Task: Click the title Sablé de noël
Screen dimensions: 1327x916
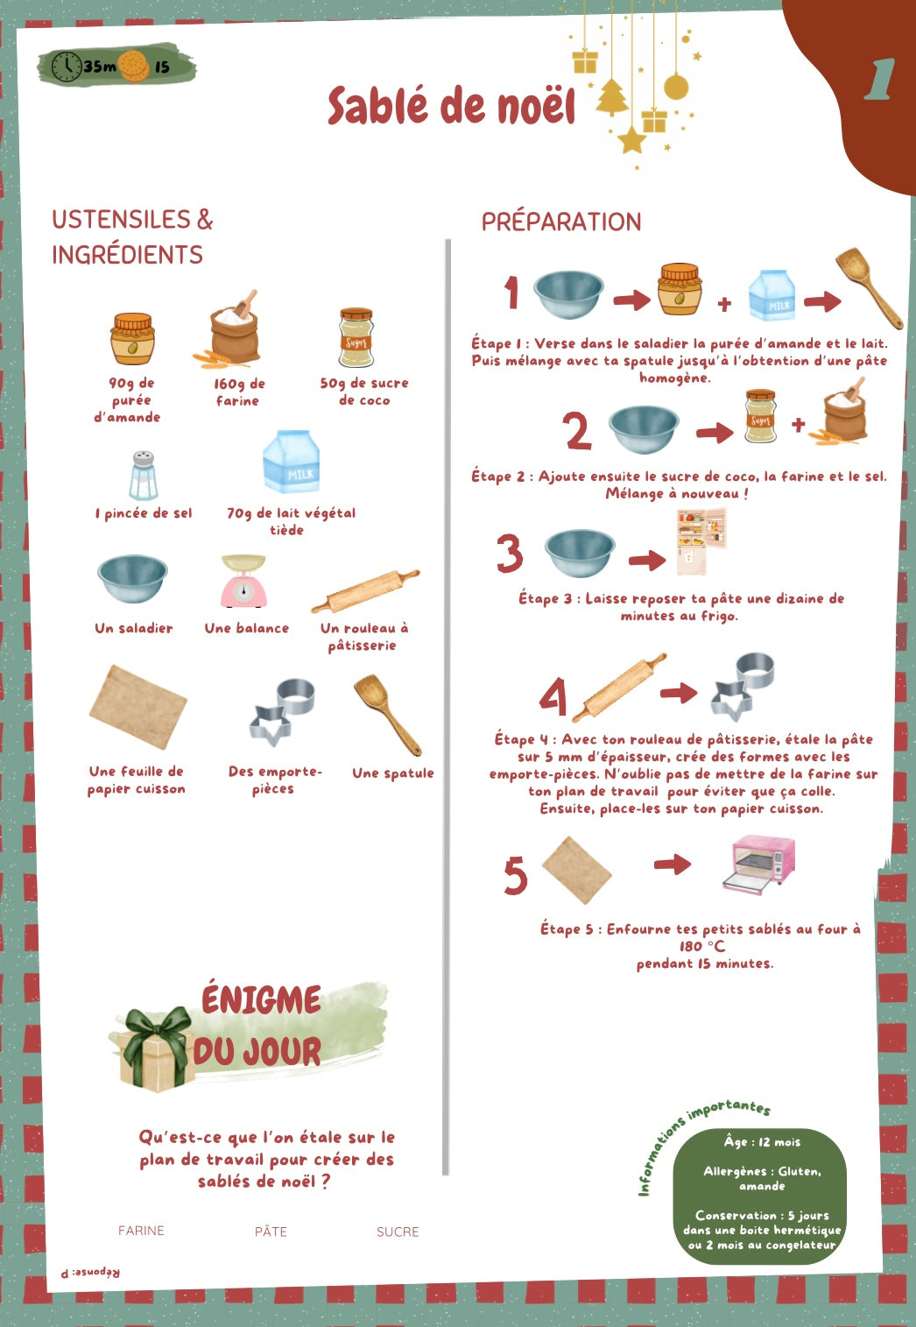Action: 451,107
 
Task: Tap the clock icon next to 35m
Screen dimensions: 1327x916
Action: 66,67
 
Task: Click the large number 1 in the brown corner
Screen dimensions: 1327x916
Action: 879,80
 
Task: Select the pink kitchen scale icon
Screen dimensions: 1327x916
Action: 243,581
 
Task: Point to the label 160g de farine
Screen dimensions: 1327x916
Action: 238,392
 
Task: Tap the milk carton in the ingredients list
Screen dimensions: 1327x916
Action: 291,462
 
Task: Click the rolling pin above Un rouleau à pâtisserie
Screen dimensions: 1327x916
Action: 365,591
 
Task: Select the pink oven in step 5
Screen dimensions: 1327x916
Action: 758,864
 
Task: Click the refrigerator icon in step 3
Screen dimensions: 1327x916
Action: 701,541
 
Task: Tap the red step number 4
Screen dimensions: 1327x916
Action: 553,697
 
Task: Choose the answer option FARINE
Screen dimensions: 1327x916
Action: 141,1231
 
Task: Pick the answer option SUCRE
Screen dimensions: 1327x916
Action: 398,1232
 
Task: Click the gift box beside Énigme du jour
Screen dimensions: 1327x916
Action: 158,1049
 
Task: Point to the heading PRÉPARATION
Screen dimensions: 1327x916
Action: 561,222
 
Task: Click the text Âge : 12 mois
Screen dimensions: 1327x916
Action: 762,1142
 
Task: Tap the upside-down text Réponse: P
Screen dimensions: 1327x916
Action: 90,1272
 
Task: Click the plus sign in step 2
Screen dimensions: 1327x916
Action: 798,425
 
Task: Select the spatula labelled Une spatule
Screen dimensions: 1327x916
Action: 387,715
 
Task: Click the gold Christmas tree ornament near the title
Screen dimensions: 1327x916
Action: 612,97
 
